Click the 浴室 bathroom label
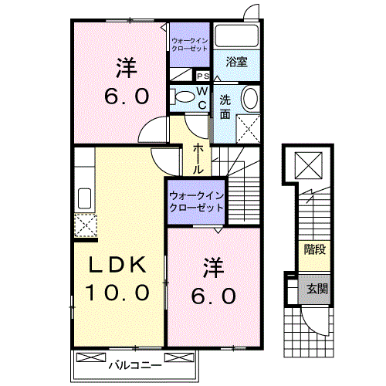tap(237, 63)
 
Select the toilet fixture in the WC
tap(184, 97)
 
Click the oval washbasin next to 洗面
tap(251, 98)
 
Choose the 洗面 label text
tap(225, 107)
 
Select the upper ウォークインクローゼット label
tap(190, 44)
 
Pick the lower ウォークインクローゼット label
tap(195, 202)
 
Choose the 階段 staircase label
tap(314, 249)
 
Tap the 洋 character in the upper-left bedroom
tap(127, 68)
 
